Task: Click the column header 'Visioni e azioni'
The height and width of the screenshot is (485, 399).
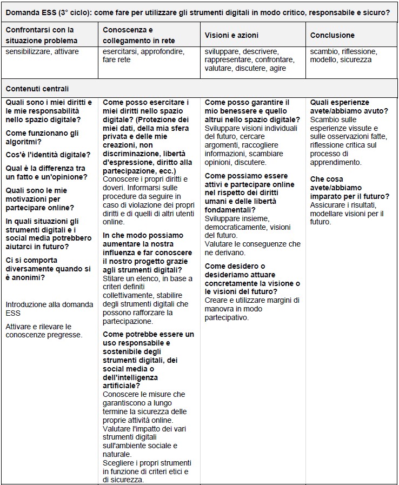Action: coord(231,35)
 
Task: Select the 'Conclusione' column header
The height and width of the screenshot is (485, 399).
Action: coord(332,35)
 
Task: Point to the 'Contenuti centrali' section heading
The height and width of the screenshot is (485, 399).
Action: coord(37,89)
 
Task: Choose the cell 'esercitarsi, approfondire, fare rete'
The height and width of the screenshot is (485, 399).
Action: coord(143,55)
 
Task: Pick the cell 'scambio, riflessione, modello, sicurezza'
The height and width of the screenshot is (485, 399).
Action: coord(344,55)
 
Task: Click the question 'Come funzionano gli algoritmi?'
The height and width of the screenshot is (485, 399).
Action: coord(42,137)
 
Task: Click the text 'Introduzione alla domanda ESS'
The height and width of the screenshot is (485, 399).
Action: coord(49,309)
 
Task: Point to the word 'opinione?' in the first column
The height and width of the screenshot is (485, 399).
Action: coord(74,177)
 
